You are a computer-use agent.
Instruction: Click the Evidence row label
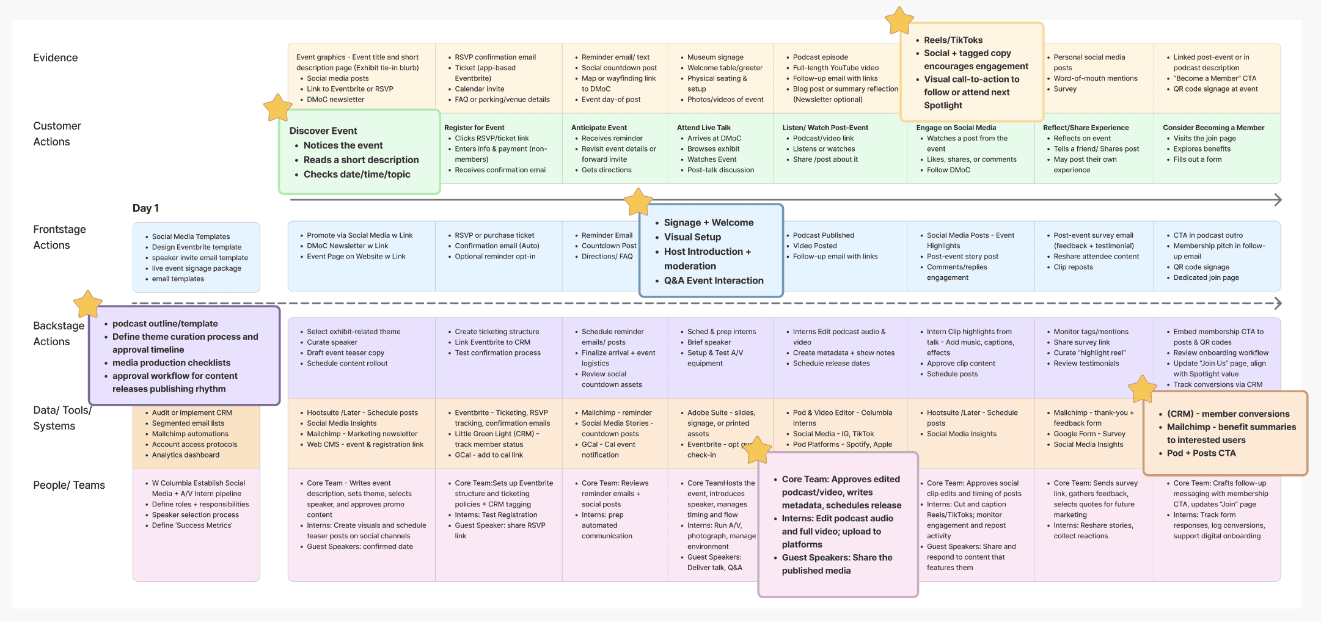tap(56, 58)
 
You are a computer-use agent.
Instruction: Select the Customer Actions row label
tap(57, 134)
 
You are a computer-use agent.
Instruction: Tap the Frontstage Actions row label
tap(59, 237)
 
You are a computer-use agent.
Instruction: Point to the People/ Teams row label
tap(69, 485)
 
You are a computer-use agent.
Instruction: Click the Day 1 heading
tap(145, 208)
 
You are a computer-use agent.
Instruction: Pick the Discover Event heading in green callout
tap(323, 131)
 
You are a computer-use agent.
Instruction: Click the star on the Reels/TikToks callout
tap(899, 21)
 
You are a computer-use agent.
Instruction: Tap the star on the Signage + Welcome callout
tap(638, 202)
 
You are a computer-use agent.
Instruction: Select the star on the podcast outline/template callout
tap(87, 304)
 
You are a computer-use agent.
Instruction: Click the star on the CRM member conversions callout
tap(1142, 389)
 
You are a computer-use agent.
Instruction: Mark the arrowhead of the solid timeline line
tap(1278, 200)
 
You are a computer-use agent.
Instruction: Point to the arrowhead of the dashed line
tap(1278, 303)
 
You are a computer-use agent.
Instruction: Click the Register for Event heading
tap(474, 128)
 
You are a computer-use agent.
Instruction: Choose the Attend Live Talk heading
tap(703, 128)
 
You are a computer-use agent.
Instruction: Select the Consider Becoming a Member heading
tap(1213, 128)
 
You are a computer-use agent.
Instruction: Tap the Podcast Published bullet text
tap(823, 235)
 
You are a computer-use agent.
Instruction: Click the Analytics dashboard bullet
tap(185, 455)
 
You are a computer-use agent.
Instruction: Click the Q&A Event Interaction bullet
tap(713, 281)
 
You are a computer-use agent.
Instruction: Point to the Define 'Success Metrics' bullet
tap(192, 525)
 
